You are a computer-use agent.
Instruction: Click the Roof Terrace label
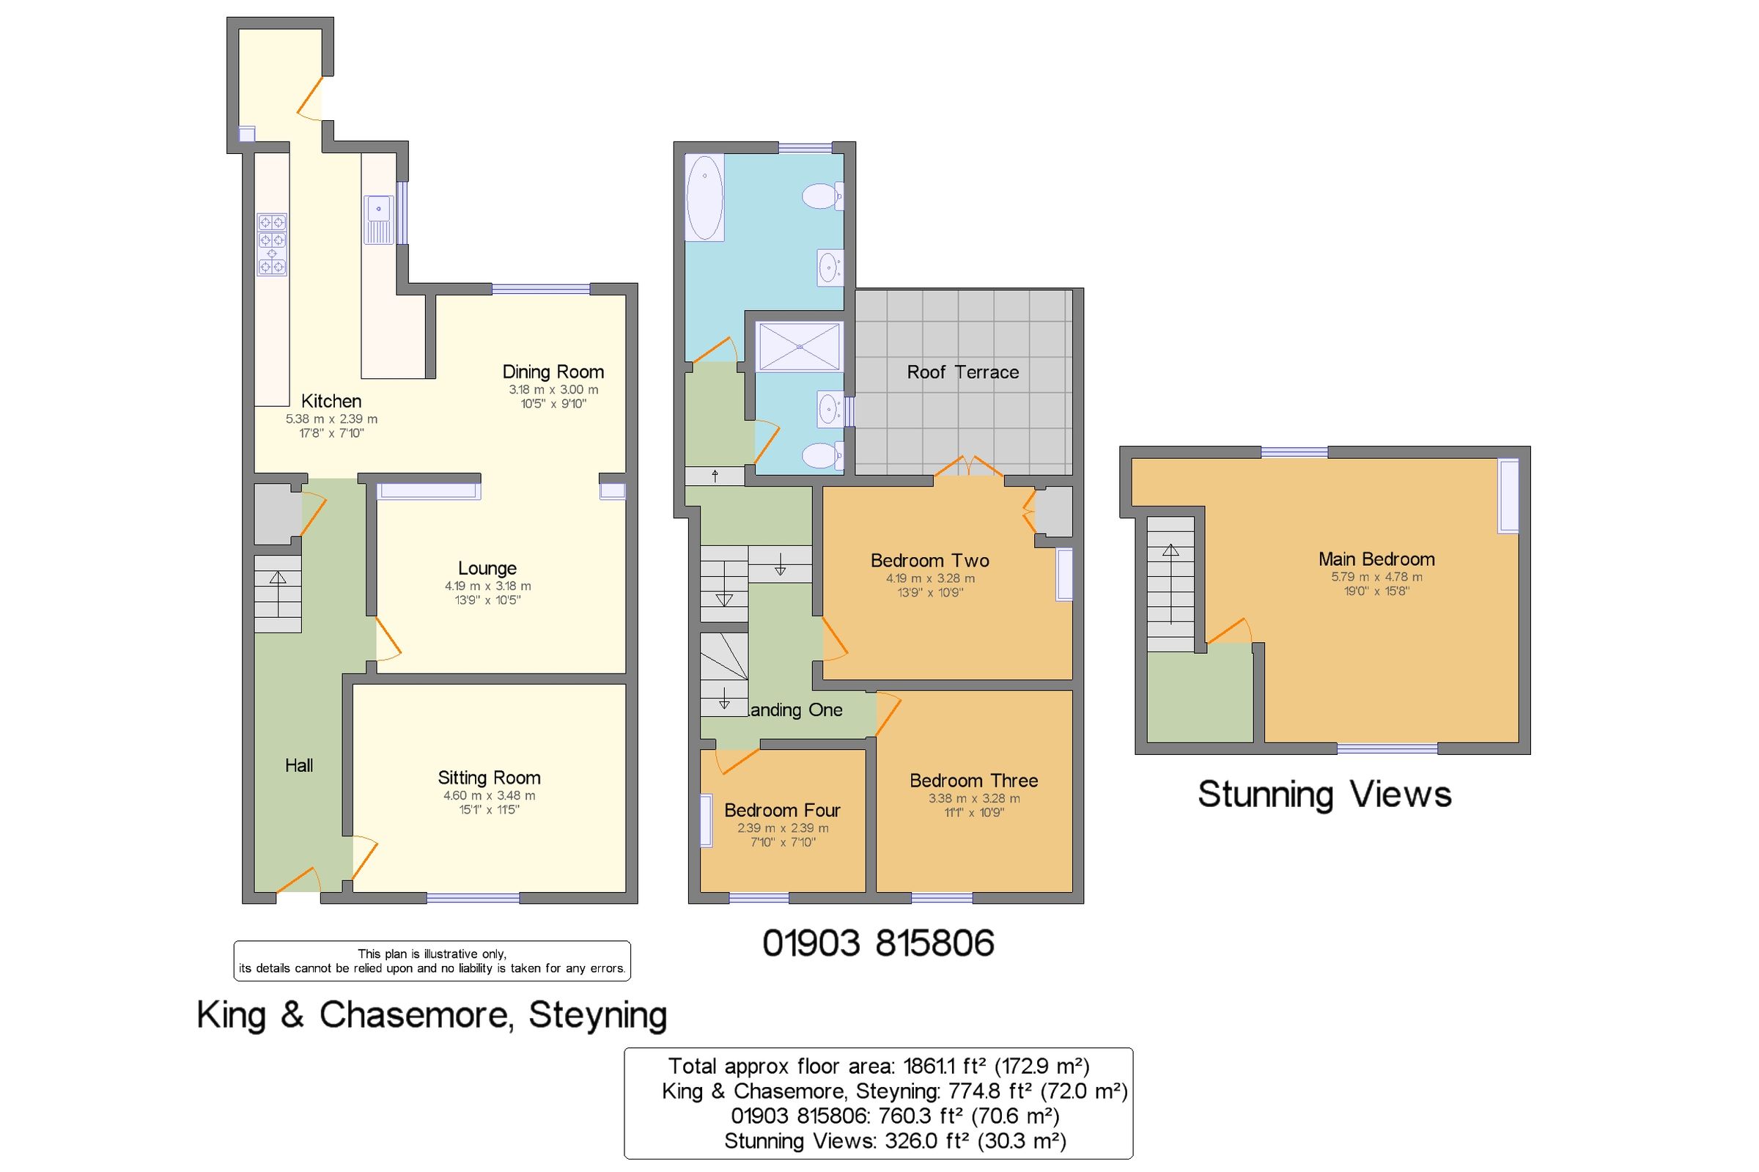[962, 372]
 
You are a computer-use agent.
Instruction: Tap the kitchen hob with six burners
[272, 243]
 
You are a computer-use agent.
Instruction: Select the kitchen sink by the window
[378, 219]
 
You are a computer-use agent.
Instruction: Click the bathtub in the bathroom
[704, 197]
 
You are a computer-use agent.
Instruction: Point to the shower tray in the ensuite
[799, 346]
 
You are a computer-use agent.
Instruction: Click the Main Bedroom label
[1376, 559]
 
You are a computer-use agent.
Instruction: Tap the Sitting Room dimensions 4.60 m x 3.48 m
[489, 796]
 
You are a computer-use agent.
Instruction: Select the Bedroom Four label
[781, 810]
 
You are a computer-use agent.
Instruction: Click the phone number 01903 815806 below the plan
[877, 944]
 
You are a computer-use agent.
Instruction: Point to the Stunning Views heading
[1324, 795]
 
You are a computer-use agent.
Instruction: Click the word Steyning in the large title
[597, 1015]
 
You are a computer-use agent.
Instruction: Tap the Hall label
[299, 765]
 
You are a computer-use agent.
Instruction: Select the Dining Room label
[552, 372]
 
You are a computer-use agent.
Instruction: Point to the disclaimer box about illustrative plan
[432, 960]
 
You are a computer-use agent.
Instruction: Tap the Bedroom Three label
[973, 781]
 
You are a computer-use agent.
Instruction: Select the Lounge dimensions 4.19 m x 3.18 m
[487, 587]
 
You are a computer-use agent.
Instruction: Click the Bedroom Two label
[929, 561]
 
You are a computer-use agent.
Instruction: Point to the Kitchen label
[331, 402]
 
